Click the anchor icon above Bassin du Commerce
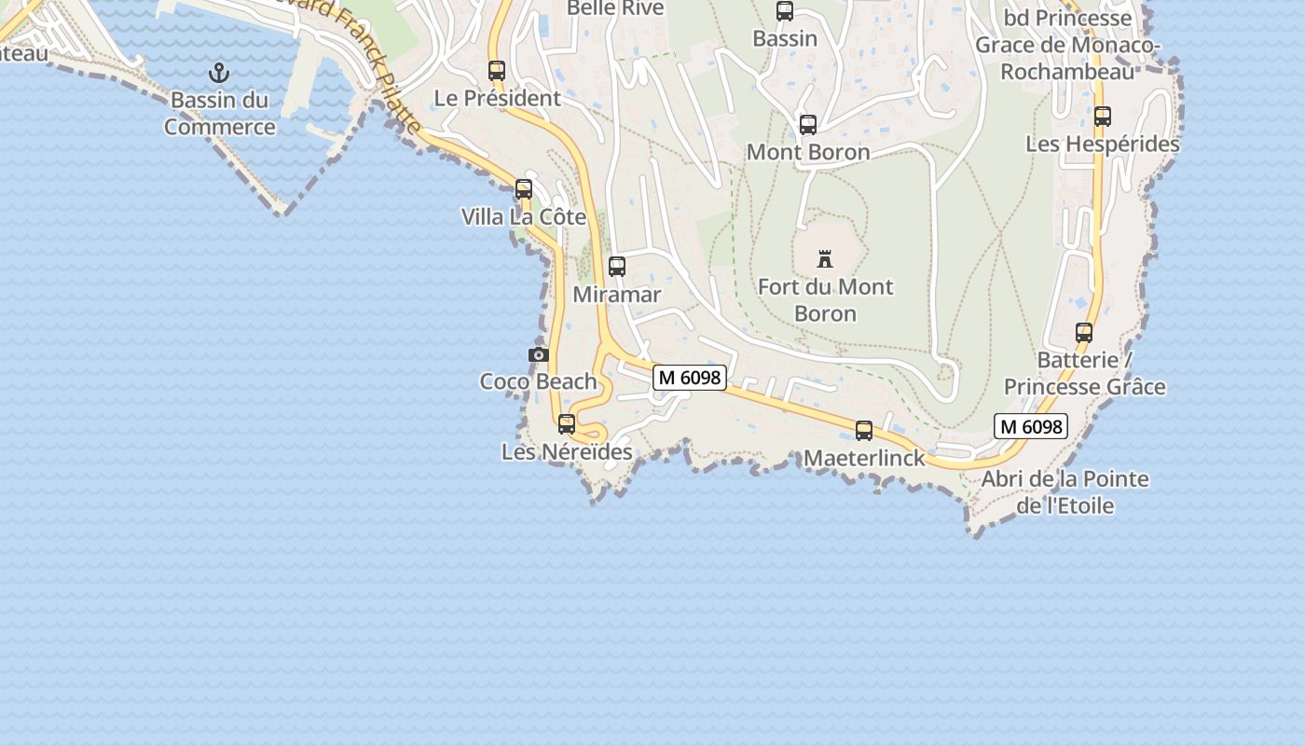pos(219,72)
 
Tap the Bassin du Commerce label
pos(220,114)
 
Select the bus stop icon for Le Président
pos(497,70)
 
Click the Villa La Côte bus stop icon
pos(524,189)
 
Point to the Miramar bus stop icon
pos(617,267)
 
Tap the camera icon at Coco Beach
pos(538,354)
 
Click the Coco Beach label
pos(538,381)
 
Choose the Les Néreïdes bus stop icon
pos(567,424)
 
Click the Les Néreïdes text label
pos(567,452)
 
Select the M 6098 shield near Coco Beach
pos(689,377)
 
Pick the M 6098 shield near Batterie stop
pos(1030,426)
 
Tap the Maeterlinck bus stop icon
pos(864,431)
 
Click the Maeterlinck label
pos(864,458)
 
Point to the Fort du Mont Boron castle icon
pos(825,258)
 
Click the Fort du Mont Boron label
pos(825,299)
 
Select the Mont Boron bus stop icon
pos(808,125)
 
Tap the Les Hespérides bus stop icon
pos(1103,117)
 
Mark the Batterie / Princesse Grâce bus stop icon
pos(1084,333)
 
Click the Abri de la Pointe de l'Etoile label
pos(1065,492)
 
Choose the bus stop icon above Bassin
pos(785,11)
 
